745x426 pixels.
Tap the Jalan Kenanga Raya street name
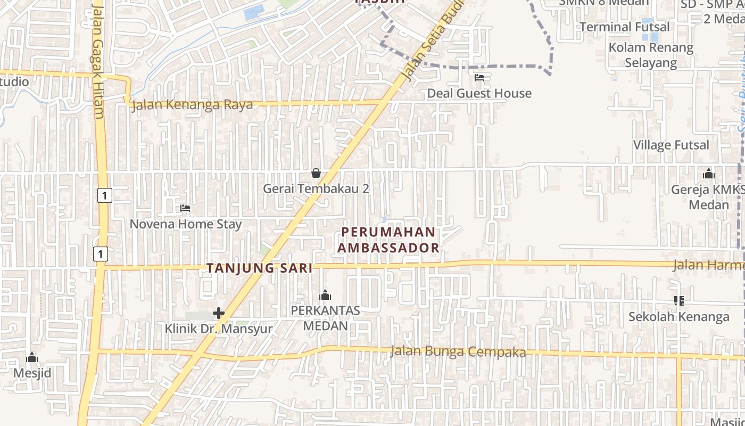(x=192, y=104)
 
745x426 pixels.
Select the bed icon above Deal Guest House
(x=479, y=78)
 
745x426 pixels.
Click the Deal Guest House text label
(x=479, y=94)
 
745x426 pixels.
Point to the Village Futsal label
(x=671, y=145)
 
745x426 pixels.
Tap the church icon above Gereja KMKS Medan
(x=708, y=174)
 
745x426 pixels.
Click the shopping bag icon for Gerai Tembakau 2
(x=316, y=173)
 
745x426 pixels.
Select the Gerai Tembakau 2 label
(x=316, y=189)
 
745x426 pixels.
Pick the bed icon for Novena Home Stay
(x=185, y=208)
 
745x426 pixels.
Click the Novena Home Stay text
(x=186, y=224)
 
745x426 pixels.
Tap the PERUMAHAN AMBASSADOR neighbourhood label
(x=388, y=240)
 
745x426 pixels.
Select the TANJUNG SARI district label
(x=260, y=268)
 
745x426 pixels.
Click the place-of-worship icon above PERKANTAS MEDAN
(x=325, y=295)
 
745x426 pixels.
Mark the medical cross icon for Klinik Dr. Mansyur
(x=219, y=313)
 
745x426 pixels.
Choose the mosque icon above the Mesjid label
(x=32, y=357)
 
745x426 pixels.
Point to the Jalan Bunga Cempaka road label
(x=458, y=351)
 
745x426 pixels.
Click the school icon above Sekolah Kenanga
(x=678, y=301)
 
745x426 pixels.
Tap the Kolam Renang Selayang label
(x=651, y=55)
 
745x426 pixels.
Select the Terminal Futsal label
(x=625, y=27)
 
